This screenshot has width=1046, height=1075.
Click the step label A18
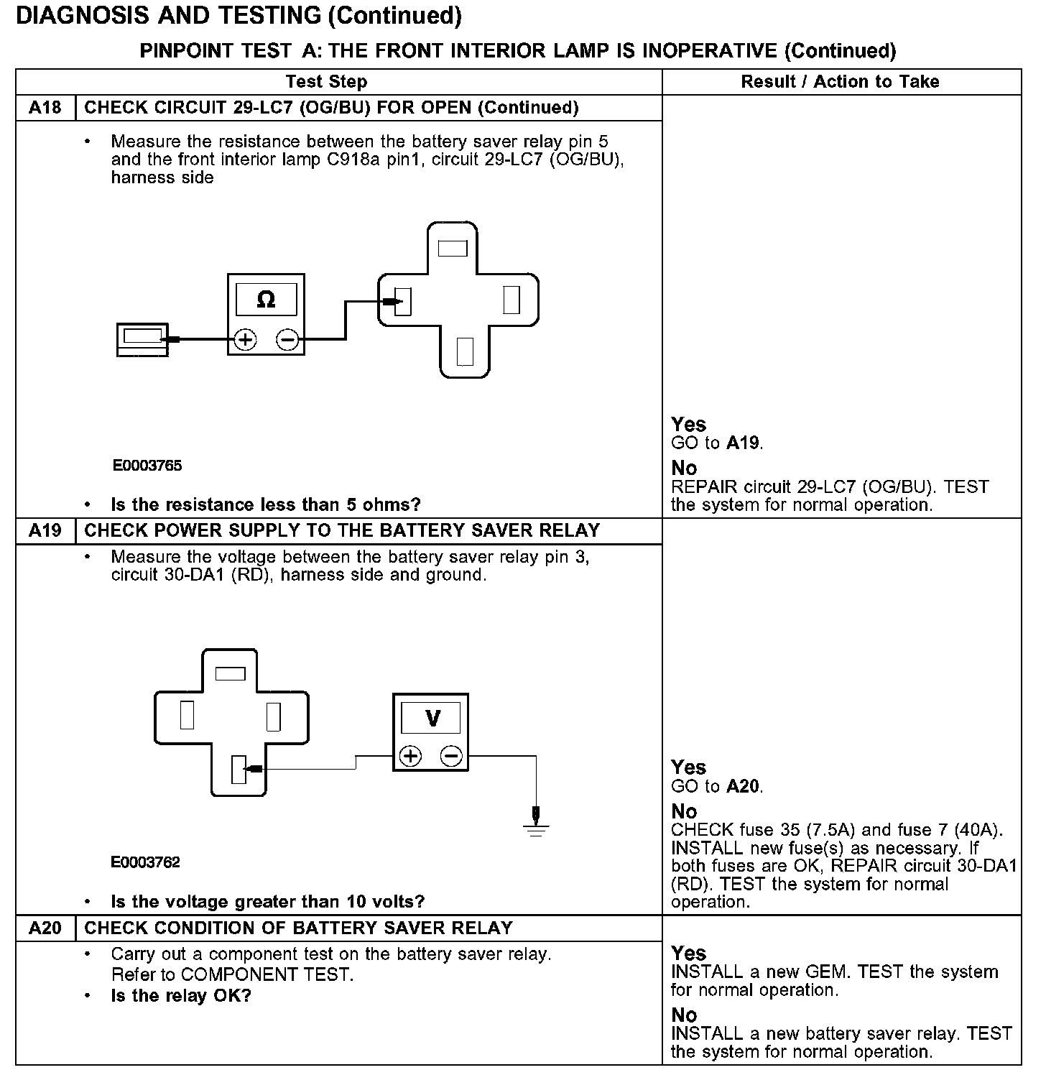45,108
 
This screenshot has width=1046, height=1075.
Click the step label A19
45,531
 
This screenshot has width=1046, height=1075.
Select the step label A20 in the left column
45,928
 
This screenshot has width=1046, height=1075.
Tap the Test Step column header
326,82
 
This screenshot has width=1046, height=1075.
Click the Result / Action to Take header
840,82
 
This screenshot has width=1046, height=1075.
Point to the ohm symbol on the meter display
266,300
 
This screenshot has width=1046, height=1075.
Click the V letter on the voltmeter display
432,718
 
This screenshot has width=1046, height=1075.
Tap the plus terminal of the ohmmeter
246,339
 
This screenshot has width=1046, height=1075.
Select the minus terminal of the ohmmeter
287,339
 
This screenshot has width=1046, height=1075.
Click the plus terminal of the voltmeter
410,756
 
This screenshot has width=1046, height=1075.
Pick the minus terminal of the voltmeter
452,756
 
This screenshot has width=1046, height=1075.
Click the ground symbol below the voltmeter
535,826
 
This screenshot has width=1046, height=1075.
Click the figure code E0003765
147,466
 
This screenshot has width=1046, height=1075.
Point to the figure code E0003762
146,862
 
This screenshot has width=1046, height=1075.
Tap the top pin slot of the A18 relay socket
452,249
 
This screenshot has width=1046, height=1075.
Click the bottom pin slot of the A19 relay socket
239,770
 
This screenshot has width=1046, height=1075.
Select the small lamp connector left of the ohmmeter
142,339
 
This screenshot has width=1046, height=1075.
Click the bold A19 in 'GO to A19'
743,443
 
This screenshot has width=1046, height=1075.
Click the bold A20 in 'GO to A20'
743,787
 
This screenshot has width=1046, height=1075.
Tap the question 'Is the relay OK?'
181,996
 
